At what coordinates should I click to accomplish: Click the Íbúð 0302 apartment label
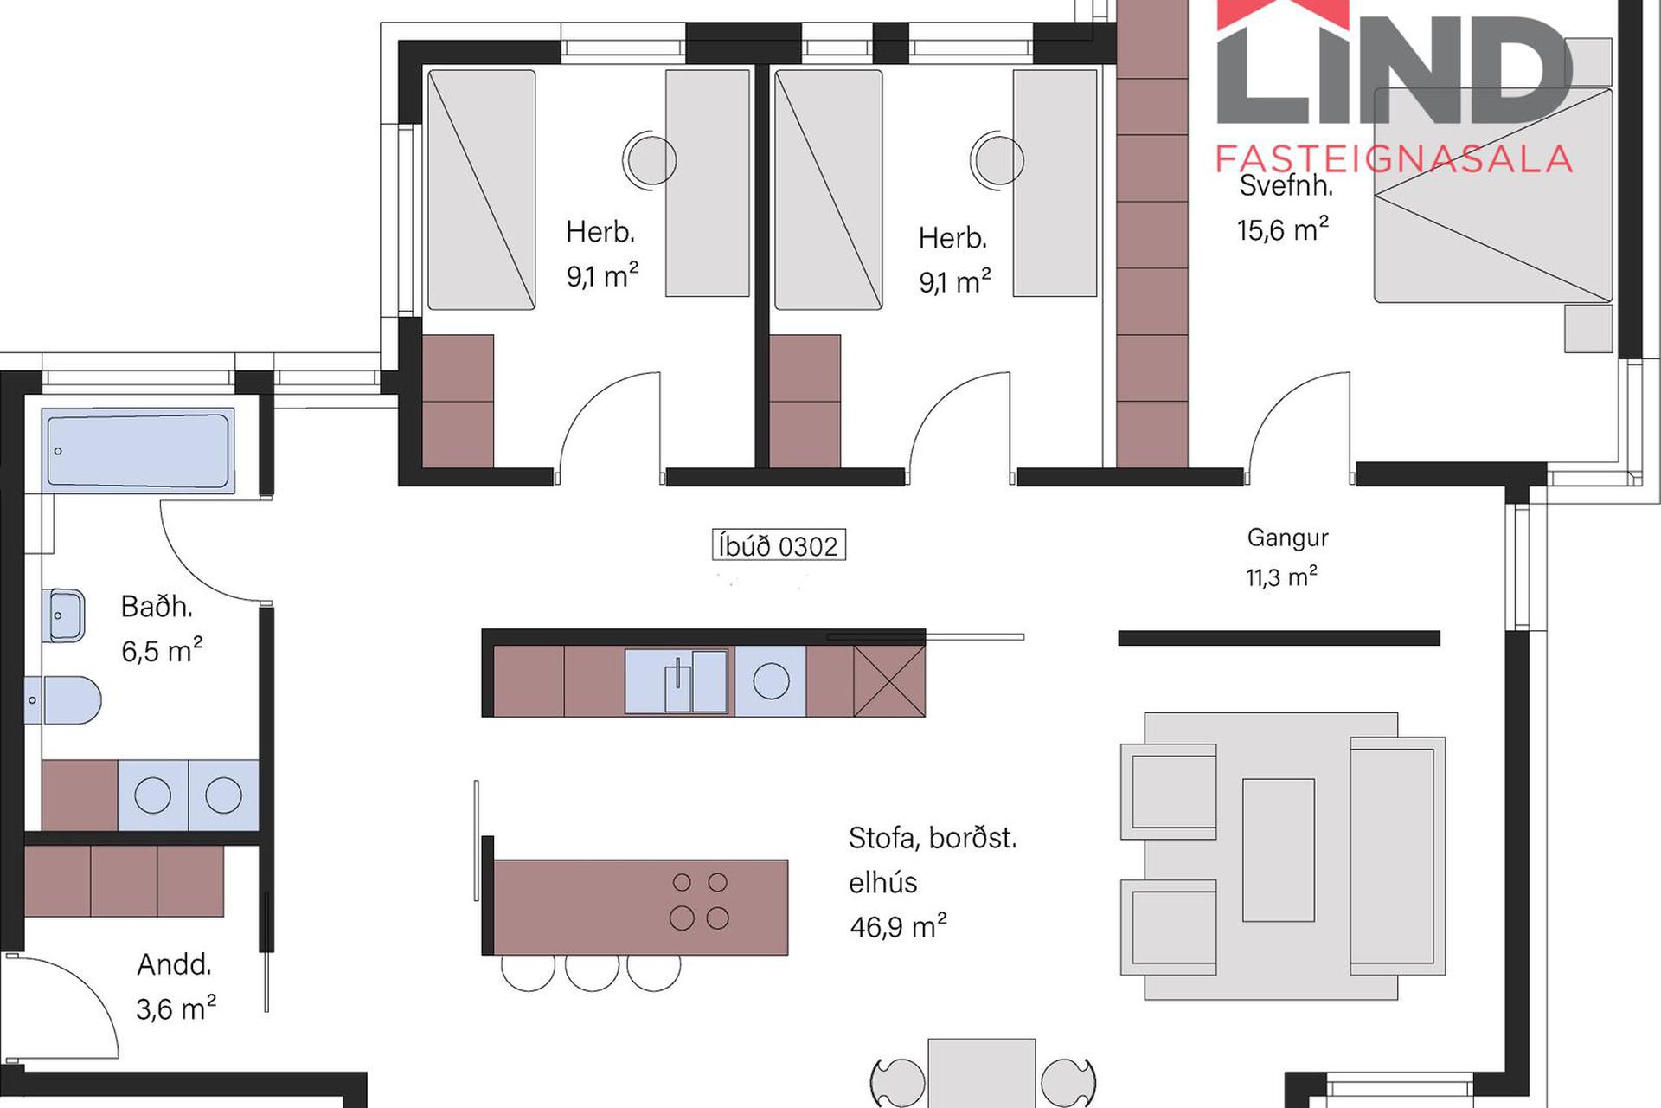(x=779, y=545)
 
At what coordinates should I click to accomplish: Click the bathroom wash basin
(x=63, y=615)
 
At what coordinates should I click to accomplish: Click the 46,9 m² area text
(x=898, y=926)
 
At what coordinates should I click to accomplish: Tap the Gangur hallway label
(x=1287, y=538)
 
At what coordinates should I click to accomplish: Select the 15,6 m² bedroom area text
(x=1282, y=229)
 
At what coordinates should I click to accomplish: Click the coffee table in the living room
(x=1279, y=849)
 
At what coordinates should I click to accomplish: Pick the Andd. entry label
(x=174, y=964)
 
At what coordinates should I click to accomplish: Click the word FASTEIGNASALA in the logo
(x=1393, y=159)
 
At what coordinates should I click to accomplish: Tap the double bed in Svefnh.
(x=1493, y=195)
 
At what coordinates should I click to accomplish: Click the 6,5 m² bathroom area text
(x=162, y=650)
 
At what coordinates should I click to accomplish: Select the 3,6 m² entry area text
(x=176, y=1008)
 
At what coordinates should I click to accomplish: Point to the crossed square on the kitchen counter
(x=889, y=681)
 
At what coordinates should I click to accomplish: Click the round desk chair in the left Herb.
(x=650, y=159)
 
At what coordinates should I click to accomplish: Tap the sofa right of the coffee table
(x=1397, y=856)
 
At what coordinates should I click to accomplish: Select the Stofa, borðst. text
(x=933, y=838)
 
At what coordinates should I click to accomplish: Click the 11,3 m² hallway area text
(x=1281, y=577)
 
